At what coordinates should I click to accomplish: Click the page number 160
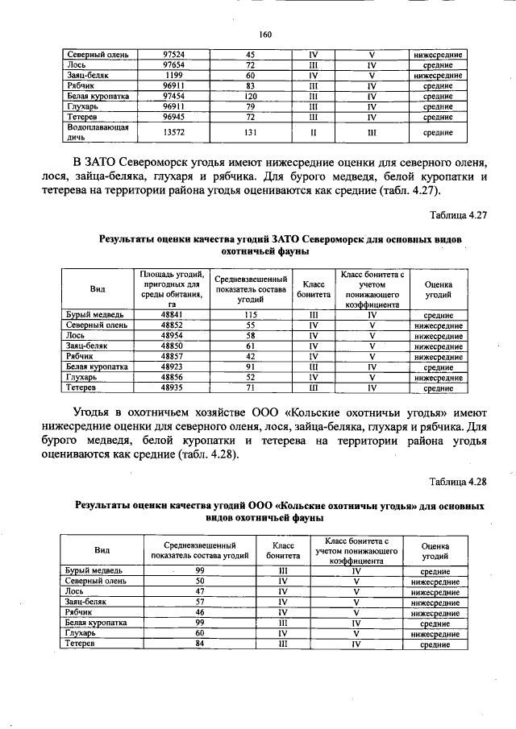click(266, 34)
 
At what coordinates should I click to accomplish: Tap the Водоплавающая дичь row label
click(89, 132)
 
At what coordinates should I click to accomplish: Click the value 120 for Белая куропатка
click(250, 96)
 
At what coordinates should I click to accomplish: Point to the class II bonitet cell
click(314, 132)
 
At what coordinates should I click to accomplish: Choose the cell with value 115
click(250, 315)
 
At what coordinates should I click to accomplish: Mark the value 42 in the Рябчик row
click(250, 356)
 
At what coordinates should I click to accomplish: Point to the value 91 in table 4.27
click(250, 367)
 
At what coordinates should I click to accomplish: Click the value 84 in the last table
click(200, 644)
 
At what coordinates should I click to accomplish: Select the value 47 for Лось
click(200, 591)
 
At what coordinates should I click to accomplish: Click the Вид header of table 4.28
click(102, 550)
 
